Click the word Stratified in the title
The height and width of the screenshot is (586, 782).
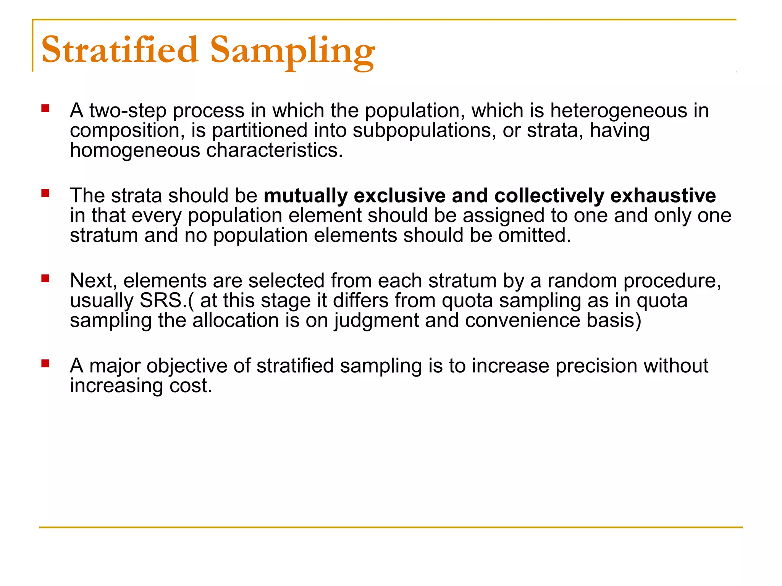tap(120, 50)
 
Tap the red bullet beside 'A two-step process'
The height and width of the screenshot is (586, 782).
tap(45, 109)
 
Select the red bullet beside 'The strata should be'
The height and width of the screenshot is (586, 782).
tap(45, 193)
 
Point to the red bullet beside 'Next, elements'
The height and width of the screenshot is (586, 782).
tap(45, 279)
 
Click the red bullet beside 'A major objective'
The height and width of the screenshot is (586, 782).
tap(45, 364)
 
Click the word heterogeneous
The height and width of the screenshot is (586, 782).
tap(618, 111)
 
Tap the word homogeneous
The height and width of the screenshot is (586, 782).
tap(135, 151)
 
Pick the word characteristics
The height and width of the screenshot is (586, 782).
tap(275, 151)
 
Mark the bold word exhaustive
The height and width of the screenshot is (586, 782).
tap(663, 196)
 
